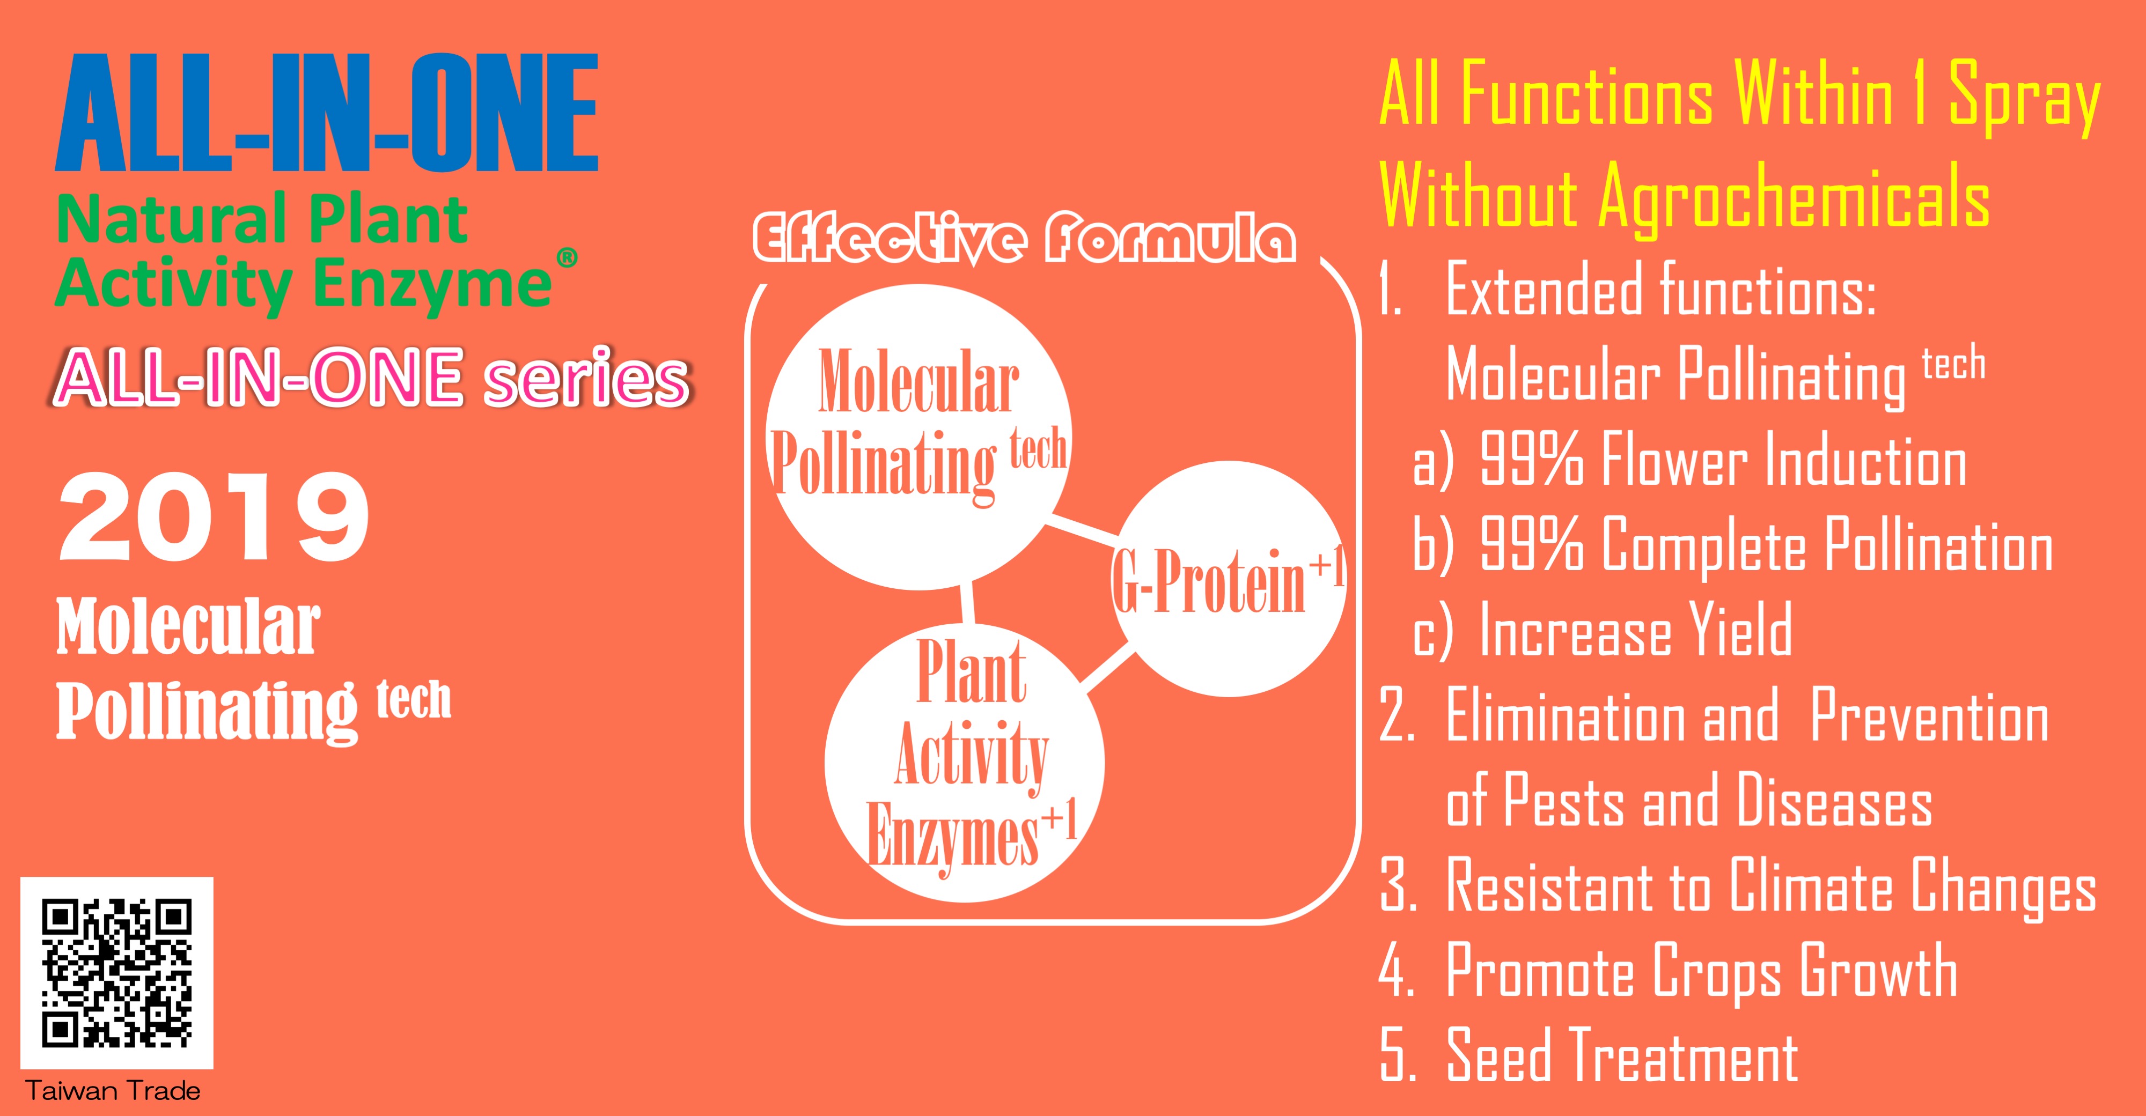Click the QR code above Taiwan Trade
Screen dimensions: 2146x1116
coord(116,973)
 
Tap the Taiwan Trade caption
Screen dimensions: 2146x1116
coord(113,1091)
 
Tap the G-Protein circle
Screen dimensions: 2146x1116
coord(1228,579)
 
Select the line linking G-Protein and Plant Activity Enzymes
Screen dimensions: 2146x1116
coord(1108,670)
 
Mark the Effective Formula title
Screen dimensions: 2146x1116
coord(1024,239)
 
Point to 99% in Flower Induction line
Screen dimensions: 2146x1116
coord(1531,459)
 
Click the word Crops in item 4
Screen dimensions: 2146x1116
coord(1717,973)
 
